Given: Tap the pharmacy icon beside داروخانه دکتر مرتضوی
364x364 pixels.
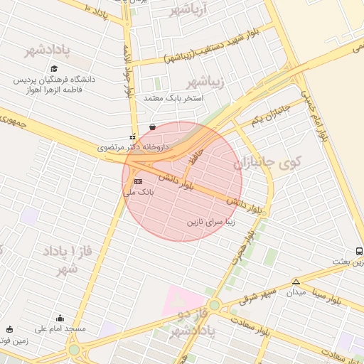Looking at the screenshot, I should pos(132,136).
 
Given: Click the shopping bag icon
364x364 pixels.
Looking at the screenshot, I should pos(152,127).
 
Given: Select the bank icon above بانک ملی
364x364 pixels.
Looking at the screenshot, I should pos(137,182).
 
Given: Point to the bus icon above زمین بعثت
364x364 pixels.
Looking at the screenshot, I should pos(359,252).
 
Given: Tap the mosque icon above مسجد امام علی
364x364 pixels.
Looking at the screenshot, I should pos(60,318).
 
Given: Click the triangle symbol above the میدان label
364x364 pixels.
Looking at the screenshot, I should pos(296,282).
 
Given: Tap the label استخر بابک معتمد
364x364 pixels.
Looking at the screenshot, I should pos(174,97).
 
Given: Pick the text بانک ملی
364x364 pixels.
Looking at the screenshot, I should pos(134,192).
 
